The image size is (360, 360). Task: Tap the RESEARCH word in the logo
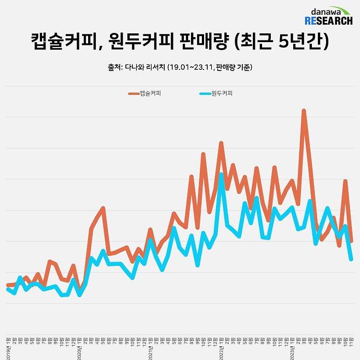[x=328, y=21]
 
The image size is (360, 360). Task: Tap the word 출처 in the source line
[x=115, y=67]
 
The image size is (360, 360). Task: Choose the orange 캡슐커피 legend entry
[x=145, y=94]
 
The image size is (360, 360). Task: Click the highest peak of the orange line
[x=304, y=111]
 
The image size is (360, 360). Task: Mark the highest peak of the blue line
[x=221, y=174]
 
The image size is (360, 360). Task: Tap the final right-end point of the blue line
[x=351, y=259]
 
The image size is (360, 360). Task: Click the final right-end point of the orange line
[x=351, y=241]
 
